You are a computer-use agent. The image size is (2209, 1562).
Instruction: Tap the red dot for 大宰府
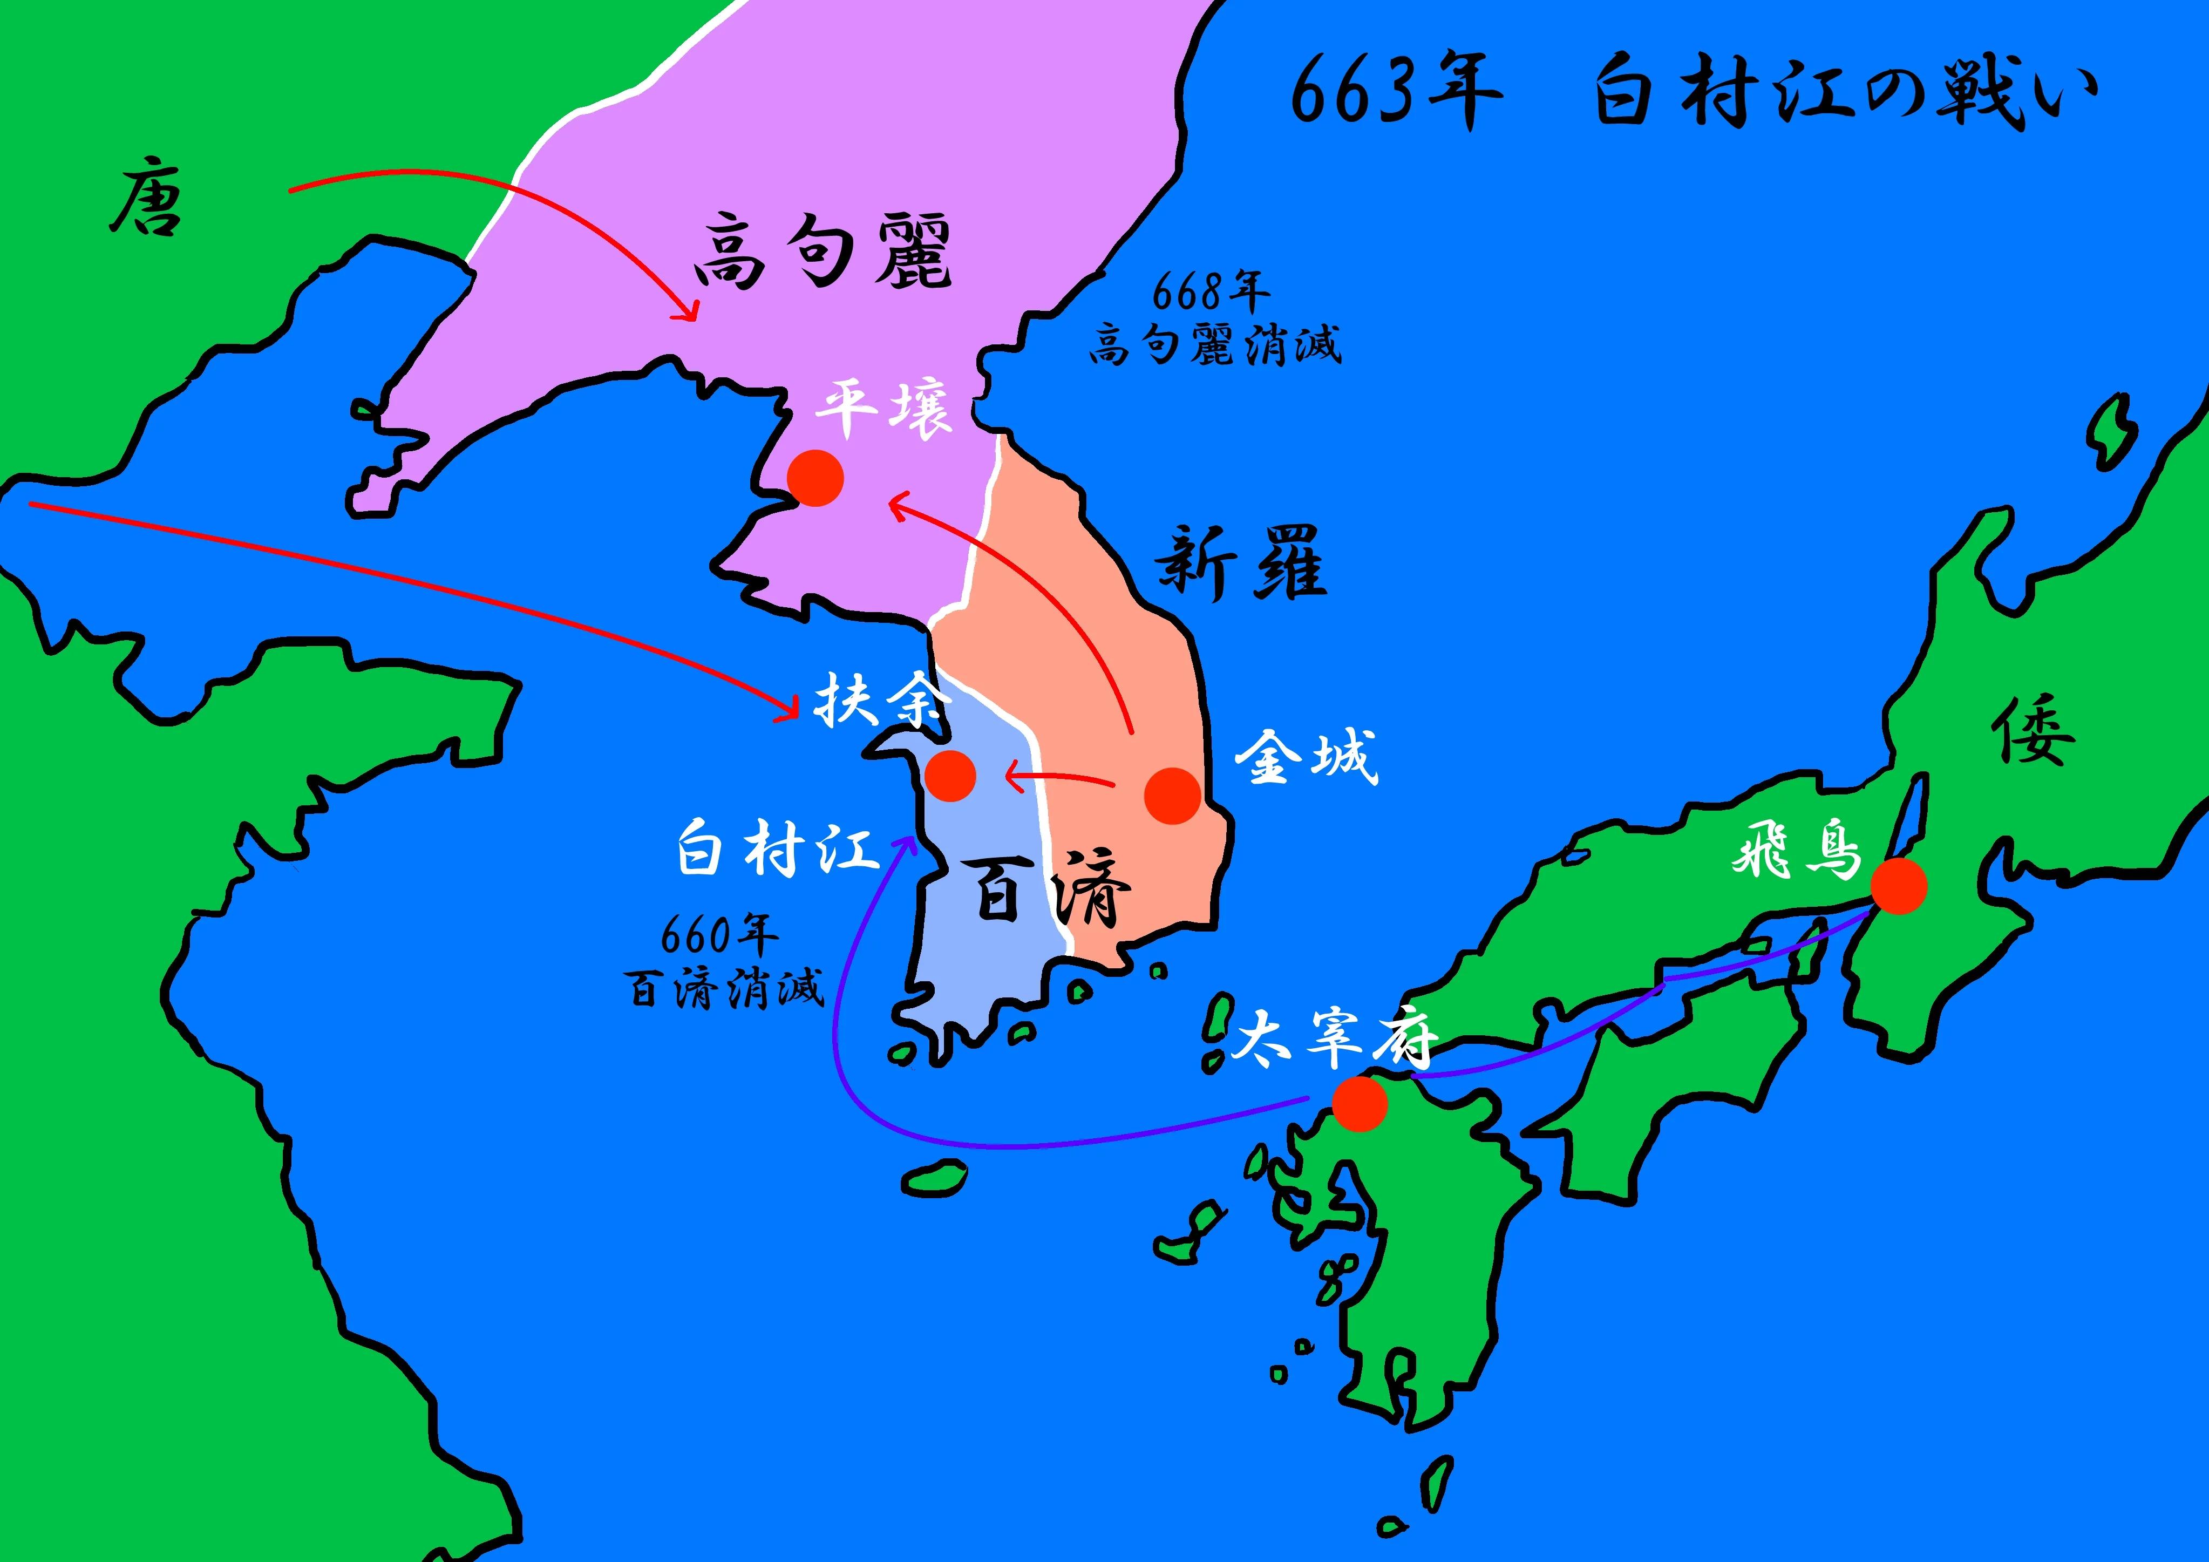click(x=1360, y=1103)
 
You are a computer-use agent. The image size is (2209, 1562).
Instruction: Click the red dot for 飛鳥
click(x=1898, y=885)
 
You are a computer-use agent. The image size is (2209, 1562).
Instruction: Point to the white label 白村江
click(x=777, y=847)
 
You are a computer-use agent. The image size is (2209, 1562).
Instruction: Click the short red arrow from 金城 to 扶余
click(x=1058, y=778)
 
